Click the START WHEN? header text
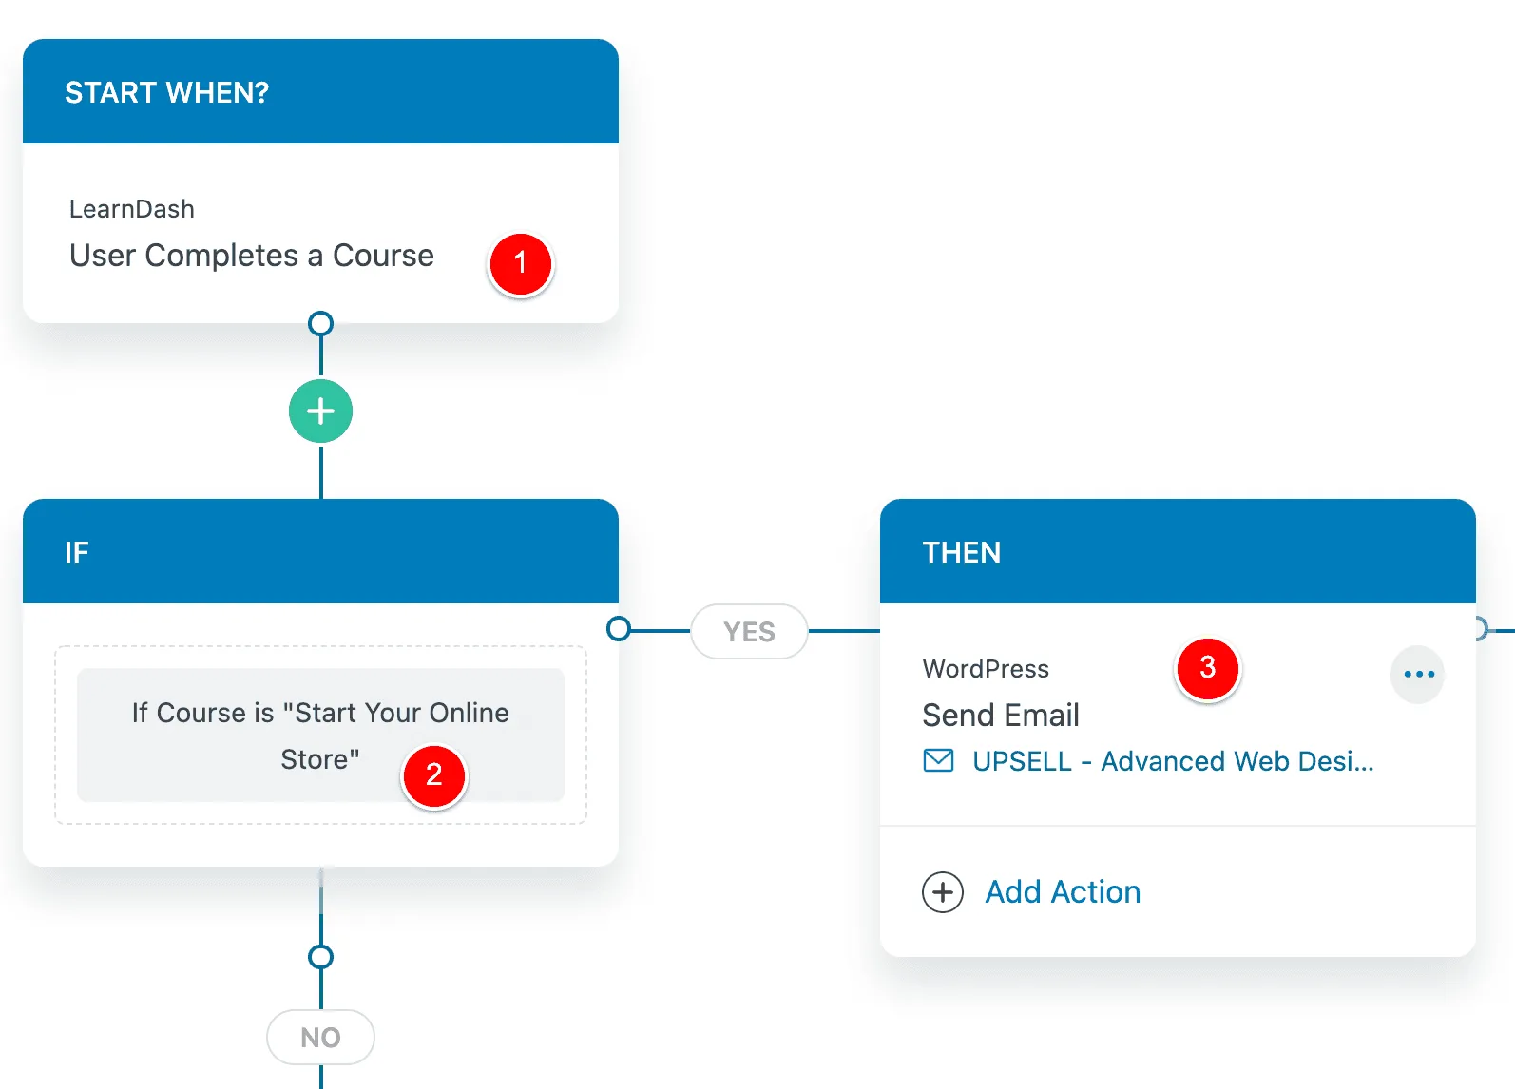(x=166, y=93)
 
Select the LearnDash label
(x=132, y=209)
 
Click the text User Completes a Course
(x=252, y=256)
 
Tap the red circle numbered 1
(x=521, y=263)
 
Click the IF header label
(x=76, y=553)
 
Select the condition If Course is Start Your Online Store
(x=320, y=736)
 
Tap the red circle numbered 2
(x=434, y=775)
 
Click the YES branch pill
(x=749, y=631)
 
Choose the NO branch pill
(x=320, y=1037)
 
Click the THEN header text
(x=961, y=553)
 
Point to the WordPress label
(x=986, y=668)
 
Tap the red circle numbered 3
(x=1208, y=668)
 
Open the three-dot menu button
(x=1418, y=674)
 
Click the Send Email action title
(x=1000, y=715)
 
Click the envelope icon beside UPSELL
(x=938, y=760)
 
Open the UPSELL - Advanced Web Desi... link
(x=1173, y=761)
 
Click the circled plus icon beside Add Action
(x=942, y=892)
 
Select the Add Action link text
(x=1063, y=892)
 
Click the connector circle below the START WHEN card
(x=320, y=323)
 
